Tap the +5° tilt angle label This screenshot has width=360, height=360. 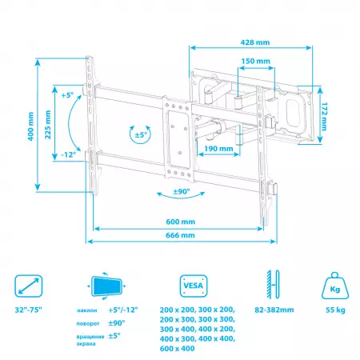pos(66,94)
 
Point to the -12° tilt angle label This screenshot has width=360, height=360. pos(67,155)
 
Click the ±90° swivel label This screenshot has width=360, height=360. pos(182,193)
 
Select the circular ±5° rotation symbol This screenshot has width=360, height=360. pos(140,134)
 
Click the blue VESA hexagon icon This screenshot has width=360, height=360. pos(191,286)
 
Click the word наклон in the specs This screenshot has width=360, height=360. pos(89,310)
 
